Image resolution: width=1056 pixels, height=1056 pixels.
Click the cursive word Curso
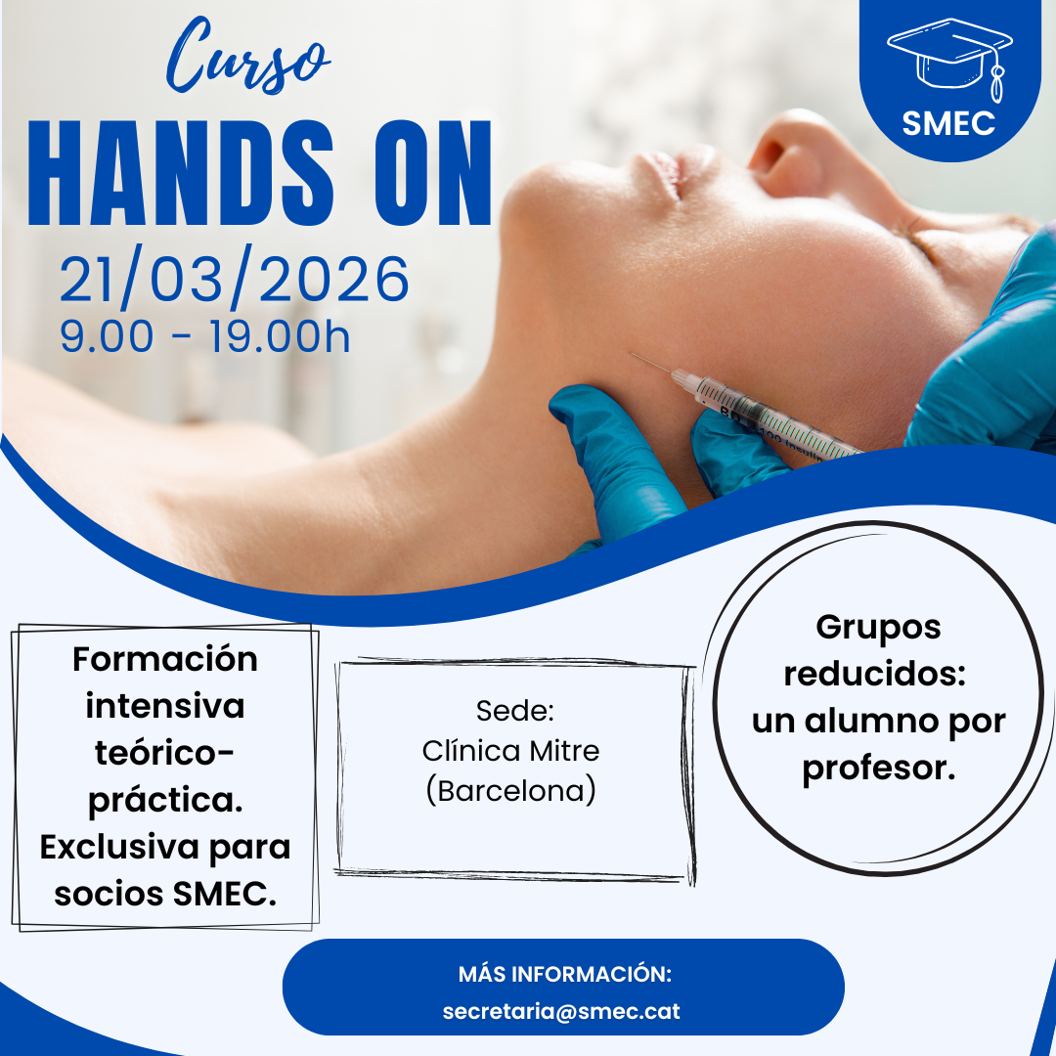(247, 57)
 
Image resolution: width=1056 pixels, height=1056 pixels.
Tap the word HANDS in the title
(181, 173)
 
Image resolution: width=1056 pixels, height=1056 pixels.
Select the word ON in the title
(433, 173)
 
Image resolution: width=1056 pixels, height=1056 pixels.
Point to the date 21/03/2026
(234, 278)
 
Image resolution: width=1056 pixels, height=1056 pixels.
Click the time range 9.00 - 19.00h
(204, 336)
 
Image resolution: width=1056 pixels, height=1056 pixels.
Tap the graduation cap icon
(950, 60)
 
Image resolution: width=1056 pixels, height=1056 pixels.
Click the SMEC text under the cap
(948, 123)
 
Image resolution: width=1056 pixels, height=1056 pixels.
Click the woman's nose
(788, 152)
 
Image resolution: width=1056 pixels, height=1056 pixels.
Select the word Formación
(165, 659)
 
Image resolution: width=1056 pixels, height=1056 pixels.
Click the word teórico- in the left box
(164, 753)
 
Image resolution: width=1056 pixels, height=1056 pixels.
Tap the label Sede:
(515, 711)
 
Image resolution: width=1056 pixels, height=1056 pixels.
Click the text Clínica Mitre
(510, 750)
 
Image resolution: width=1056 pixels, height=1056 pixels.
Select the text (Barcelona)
(510, 791)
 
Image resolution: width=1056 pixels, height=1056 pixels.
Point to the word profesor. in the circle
(879, 769)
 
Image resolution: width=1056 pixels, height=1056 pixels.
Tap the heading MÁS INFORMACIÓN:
(565, 974)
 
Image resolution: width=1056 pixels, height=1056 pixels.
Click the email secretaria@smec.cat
(561, 1011)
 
